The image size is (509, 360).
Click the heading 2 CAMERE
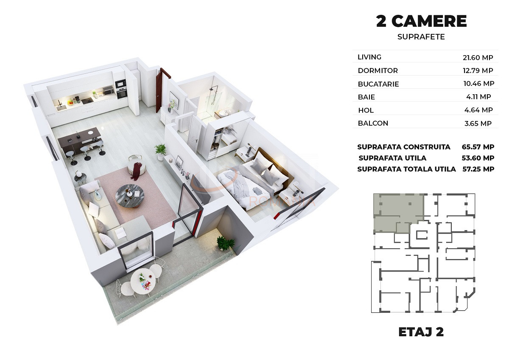pyautogui.click(x=421, y=21)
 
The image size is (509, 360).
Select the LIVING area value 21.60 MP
pyautogui.click(x=478, y=58)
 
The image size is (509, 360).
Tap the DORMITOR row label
pyautogui.click(x=378, y=70)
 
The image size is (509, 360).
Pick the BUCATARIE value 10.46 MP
pyautogui.click(x=479, y=84)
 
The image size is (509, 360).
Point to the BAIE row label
pyautogui.click(x=366, y=97)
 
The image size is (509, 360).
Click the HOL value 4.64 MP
pyautogui.click(x=478, y=110)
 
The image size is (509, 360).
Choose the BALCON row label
pyautogui.click(x=373, y=123)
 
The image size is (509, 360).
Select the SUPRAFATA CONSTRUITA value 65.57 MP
pyautogui.click(x=478, y=147)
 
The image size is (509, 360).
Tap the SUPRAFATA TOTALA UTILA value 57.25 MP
pyautogui.click(x=478, y=169)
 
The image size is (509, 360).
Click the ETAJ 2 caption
pyautogui.click(x=421, y=332)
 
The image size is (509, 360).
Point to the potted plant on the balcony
pyautogui.click(x=225, y=243)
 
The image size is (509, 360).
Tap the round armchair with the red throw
pyautogui.click(x=136, y=166)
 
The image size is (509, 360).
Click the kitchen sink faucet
pyautogui.click(x=60, y=103)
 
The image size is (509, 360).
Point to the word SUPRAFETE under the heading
pyautogui.click(x=421, y=37)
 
